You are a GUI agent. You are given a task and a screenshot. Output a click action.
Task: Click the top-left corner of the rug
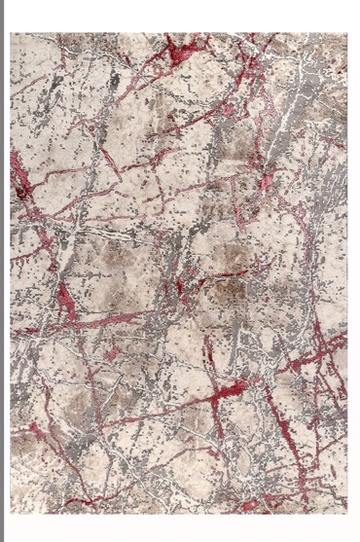tap(11, 34)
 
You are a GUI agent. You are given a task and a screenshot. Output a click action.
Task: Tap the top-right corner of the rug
tap(347, 34)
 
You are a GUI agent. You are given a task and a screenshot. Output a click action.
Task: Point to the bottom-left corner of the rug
tap(11, 513)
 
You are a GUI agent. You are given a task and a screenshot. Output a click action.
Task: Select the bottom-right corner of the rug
tap(347, 513)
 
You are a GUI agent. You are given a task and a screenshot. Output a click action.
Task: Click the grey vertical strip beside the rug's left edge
tap(4, 272)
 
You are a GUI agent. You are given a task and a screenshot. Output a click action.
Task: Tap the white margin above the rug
tap(180, 16)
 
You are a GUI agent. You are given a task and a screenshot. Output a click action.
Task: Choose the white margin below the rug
tap(180, 527)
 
